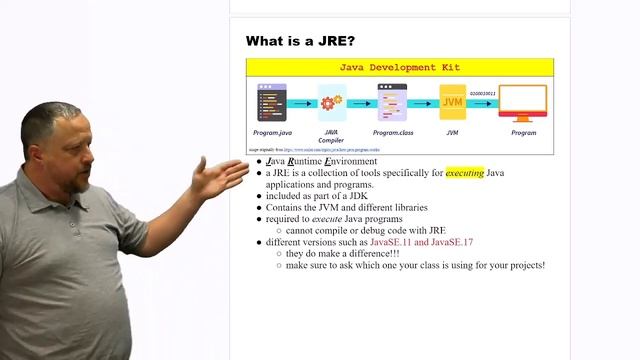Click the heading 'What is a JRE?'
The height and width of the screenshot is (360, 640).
click(300, 41)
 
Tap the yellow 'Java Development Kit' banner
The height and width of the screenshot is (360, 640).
click(400, 68)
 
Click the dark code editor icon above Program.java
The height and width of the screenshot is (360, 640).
click(271, 102)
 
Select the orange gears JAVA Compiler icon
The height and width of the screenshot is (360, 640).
click(331, 102)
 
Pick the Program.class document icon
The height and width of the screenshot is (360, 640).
click(392, 102)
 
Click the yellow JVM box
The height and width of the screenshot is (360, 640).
click(453, 102)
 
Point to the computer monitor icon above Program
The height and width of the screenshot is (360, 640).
click(522, 101)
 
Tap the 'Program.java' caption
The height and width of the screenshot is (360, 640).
click(272, 132)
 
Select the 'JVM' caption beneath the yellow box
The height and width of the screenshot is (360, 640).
click(453, 132)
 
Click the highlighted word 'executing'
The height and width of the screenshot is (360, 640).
click(464, 173)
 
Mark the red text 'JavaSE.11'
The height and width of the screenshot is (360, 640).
click(391, 243)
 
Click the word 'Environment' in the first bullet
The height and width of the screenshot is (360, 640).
click(349, 161)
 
